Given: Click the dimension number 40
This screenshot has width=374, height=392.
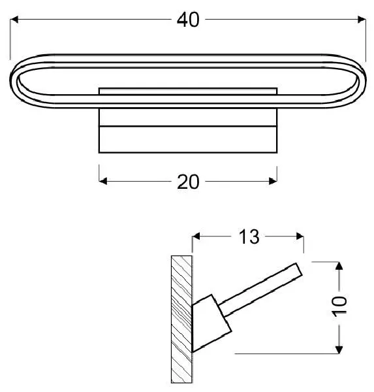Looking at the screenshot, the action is point(188,20).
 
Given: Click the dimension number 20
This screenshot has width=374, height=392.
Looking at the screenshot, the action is point(188,182).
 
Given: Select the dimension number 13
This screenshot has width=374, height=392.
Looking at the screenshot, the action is point(249,237).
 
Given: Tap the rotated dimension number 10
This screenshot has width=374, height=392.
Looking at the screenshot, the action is point(339,306).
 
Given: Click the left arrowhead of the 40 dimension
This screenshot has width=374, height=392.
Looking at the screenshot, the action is point(14,19).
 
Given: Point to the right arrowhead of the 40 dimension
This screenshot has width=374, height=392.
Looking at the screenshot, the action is point(362,19).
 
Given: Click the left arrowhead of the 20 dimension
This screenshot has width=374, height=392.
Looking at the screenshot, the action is point(103,181).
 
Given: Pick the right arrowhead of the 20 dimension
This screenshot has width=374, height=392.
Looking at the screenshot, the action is point(273,181).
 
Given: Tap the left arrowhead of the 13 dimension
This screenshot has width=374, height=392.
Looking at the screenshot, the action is point(196,236).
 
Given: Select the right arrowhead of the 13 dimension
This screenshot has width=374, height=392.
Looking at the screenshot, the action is point(300,236).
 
